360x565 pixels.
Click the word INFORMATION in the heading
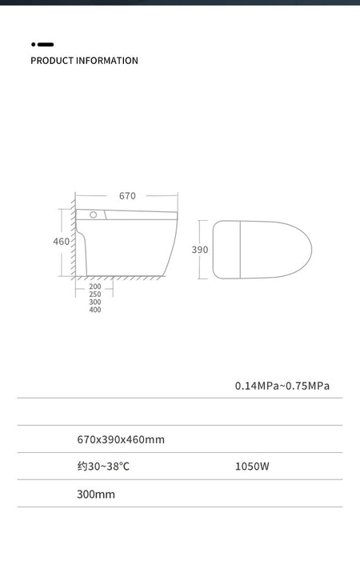tap(107, 61)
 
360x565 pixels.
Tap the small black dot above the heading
tap(33, 44)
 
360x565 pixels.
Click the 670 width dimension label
tap(127, 196)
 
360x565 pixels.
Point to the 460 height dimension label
tap(62, 242)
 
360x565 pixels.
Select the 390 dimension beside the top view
tap(200, 250)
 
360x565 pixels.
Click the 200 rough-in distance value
tap(95, 287)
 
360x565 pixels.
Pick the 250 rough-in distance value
tap(95, 295)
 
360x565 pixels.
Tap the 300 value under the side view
tap(95, 302)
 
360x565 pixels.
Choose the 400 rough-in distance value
tap(95, 310)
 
